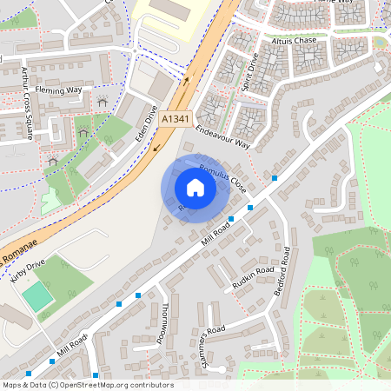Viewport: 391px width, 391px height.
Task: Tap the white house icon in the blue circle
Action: (x=195, y=188)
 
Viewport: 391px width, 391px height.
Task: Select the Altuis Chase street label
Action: (x=294, y=40)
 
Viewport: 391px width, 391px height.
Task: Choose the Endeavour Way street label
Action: (x=222, y=136)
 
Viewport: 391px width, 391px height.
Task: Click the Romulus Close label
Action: (x=222, y=178)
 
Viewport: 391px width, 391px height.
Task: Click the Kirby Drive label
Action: (x=26, y=272)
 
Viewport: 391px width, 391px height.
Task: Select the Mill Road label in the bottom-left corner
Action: (x=71, y=347)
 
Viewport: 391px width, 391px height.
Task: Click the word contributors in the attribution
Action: (x=153, y=385)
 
